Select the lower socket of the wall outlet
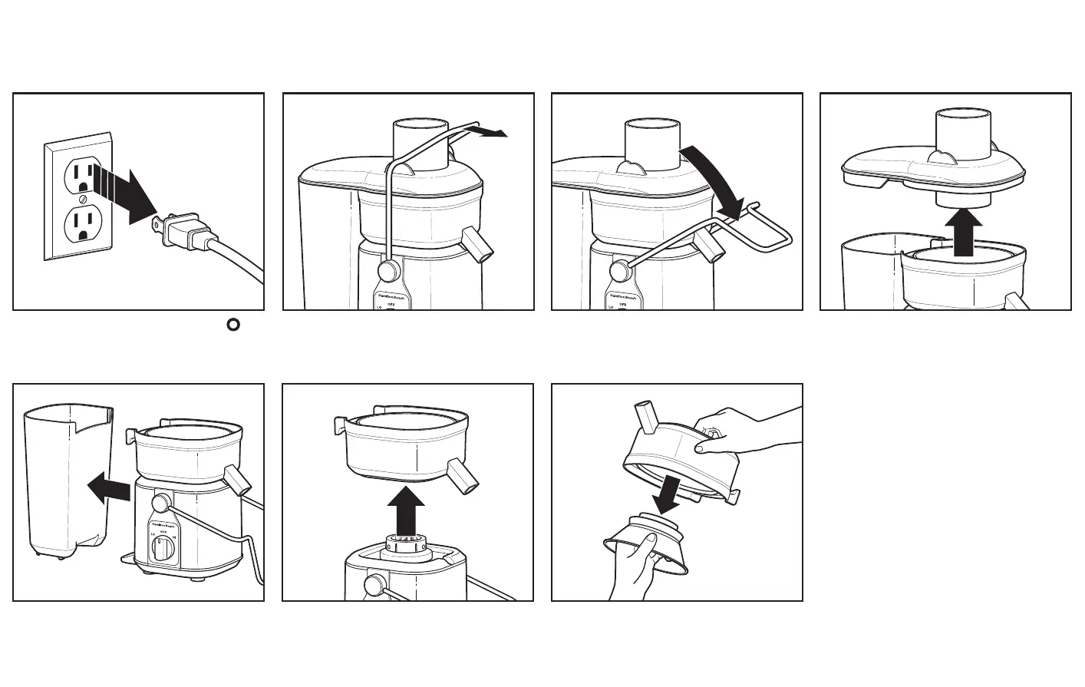tap(81, 225)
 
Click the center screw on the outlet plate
tap(82, 200)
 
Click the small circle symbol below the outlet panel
tap(232, 325)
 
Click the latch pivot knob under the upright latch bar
tap(389, 270)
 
